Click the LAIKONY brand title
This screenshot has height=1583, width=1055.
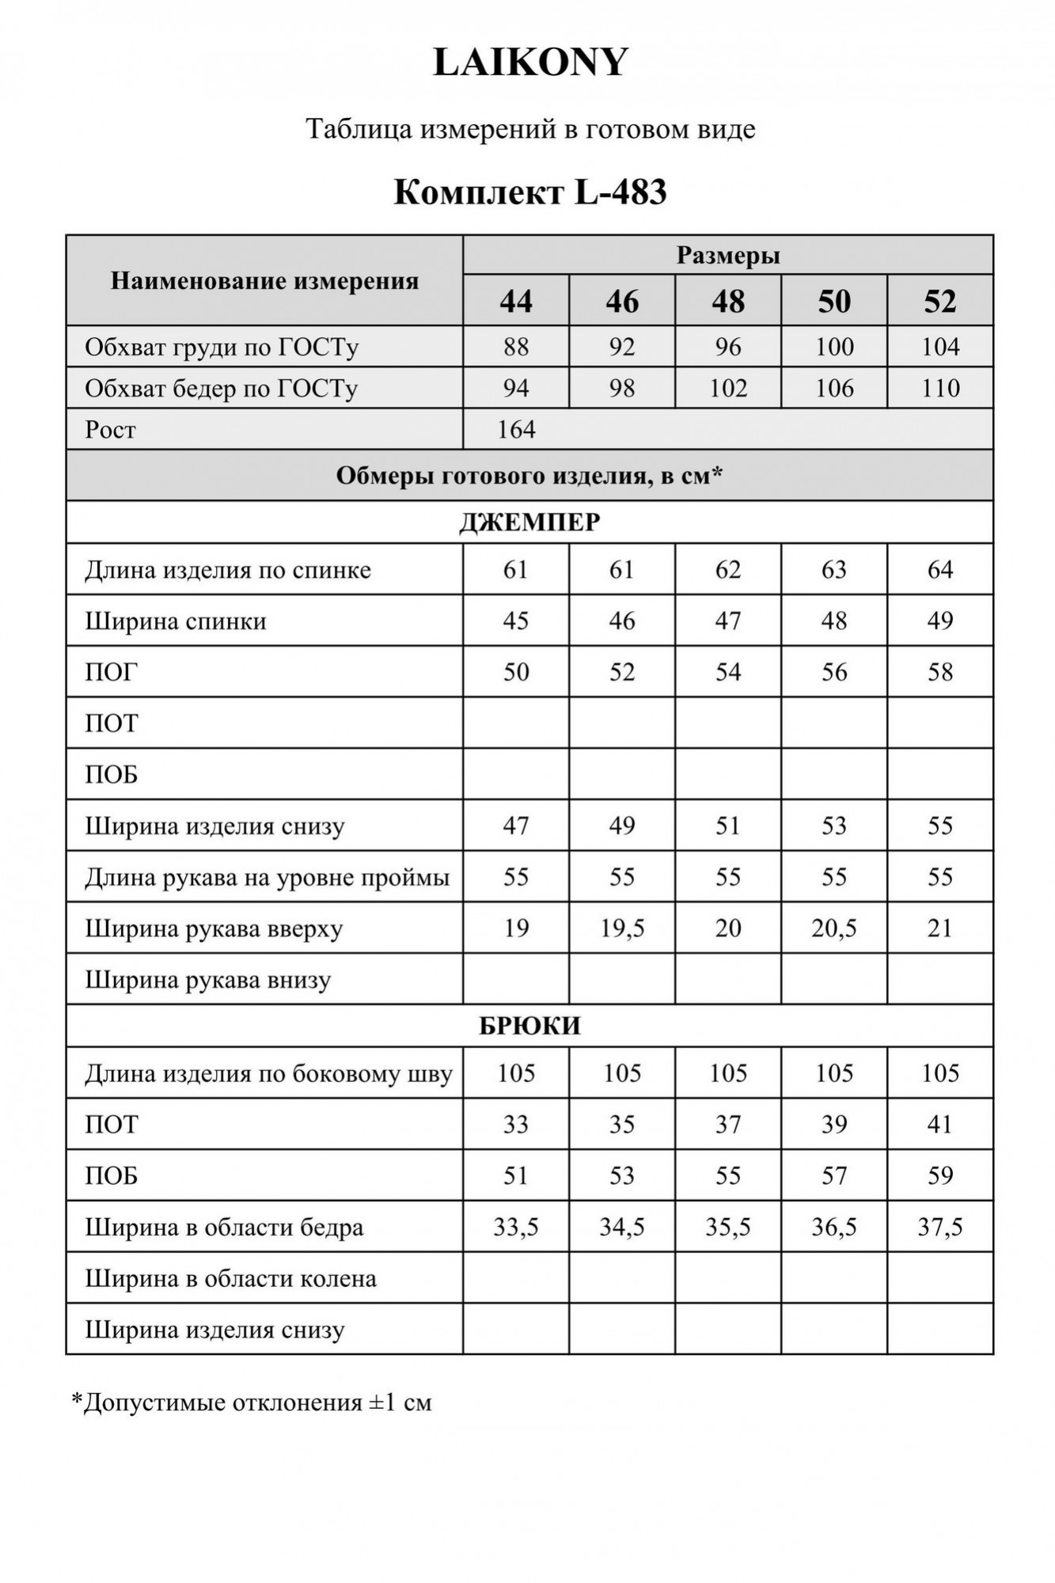click(x=530, y=63)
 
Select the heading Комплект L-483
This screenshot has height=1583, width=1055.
click(x=530, y=192)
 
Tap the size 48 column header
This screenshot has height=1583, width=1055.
click(x=728, y=302)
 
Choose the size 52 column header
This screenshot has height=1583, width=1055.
click(x=940, y=302)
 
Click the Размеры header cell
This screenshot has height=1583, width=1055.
click(x=728, y=256)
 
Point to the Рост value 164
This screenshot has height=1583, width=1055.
click(x=516, y=430)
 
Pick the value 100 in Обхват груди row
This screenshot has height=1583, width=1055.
click(x=834, y=347)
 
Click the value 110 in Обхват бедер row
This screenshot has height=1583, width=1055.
click(x=940, y=388)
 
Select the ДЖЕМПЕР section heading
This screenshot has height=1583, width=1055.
click(x=530, y=522)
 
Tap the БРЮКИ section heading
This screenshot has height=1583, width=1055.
click(x=530, y=1026)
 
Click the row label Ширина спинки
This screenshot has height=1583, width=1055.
click(x=176, y=621)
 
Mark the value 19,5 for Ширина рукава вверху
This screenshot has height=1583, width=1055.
click(x=622, y=928)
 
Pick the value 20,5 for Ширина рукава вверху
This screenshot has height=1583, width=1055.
click(x=834, y=928)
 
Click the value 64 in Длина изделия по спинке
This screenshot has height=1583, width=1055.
click(x=940, y=570)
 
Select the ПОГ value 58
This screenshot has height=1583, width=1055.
click(x=940, y=672)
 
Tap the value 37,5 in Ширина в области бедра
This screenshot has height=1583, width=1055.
click(x=940, y=1227)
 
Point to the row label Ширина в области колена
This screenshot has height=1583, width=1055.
click(x=230, y=1278)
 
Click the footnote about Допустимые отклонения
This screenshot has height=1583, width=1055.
click(x=252, y=1403)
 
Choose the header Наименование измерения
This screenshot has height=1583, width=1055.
click(x=264, y=281)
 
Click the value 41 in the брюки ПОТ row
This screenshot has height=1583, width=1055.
click(x=940, y=1124)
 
